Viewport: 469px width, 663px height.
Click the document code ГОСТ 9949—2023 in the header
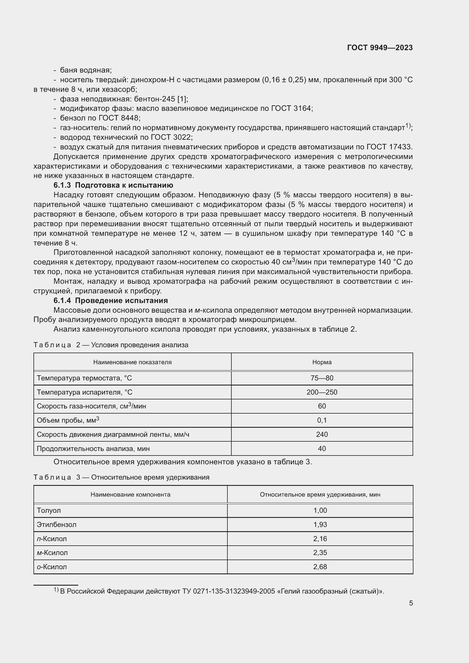(380, 48)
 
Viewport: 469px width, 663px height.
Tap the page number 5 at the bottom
(411, 603)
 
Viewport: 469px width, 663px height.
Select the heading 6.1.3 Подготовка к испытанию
(113, 185)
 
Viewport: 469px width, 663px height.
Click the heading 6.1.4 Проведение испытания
(111, 300)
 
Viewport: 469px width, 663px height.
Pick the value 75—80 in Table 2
(322, 378)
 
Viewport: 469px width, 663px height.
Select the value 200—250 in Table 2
(322, 392)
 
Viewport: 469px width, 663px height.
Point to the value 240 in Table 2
(322, 434)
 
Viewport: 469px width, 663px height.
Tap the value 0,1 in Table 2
(322, 420)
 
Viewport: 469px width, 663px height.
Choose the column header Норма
(322, 362)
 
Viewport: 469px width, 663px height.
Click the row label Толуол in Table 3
(49, 510)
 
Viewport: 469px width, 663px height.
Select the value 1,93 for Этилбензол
(320, 524)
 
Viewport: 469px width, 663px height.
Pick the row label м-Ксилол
(52, 553)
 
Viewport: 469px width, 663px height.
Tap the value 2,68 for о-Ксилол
(320, 567)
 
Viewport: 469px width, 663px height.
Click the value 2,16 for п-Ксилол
(320, 539)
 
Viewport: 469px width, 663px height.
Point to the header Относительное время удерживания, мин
(320, 494)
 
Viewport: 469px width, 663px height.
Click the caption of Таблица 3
(121, 477)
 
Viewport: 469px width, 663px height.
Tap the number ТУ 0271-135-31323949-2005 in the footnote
(228, 591)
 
